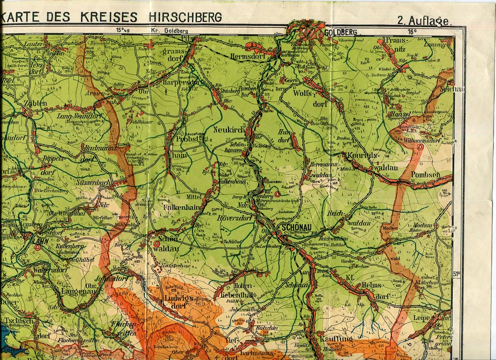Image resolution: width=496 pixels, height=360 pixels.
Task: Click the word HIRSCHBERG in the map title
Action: [186, 17]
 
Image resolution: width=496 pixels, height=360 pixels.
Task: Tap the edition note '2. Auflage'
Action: [424, 20]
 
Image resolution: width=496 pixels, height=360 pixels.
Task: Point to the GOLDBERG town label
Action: [341, 32]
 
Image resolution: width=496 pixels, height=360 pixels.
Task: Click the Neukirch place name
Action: [229, 130]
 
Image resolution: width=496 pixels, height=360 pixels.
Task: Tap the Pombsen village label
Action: [425, 174]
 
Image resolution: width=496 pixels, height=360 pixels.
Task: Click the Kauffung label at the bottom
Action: [336, 339]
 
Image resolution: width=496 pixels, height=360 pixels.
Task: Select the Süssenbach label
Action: [93, 183]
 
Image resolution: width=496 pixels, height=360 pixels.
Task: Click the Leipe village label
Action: [421, 318]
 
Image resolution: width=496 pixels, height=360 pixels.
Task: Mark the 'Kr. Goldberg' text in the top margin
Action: [169, 31]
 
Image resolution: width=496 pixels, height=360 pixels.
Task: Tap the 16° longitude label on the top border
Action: [412, 32]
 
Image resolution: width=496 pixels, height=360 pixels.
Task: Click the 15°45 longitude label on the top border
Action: [123, 31]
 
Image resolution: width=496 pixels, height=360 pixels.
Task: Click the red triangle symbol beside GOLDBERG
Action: [320, 34]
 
